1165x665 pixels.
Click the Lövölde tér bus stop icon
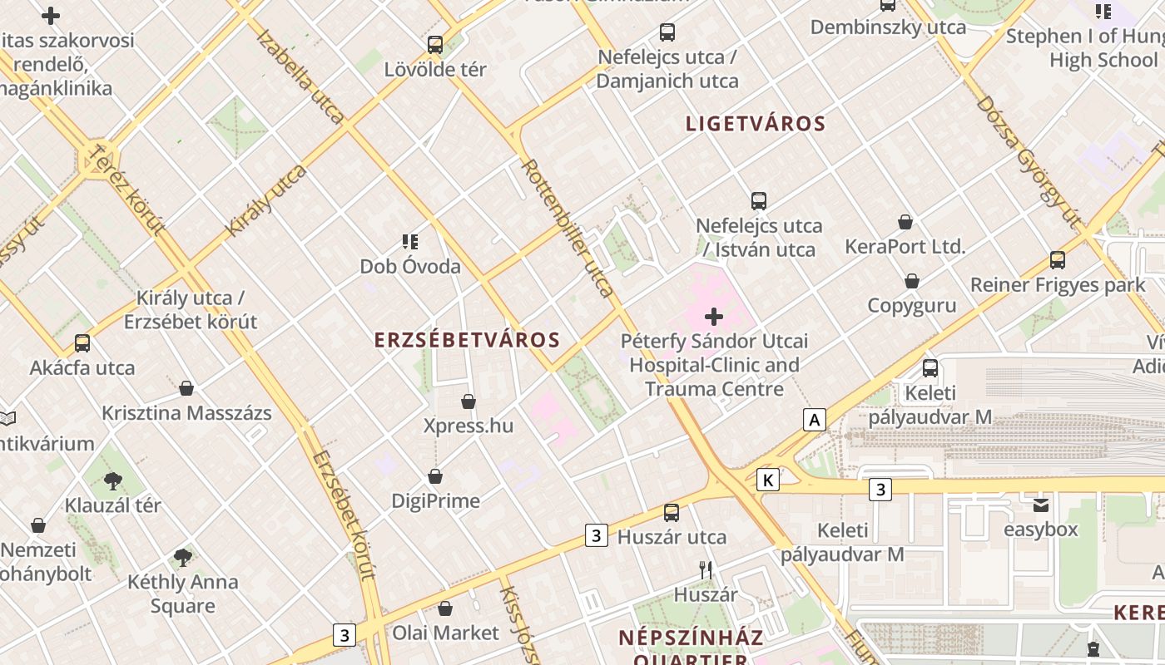435,45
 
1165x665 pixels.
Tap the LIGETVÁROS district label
755,124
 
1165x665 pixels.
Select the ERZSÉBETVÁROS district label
467,340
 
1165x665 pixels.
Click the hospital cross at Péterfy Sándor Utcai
714,317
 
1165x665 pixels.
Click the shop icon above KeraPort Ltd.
905,222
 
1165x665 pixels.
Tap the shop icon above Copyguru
912,281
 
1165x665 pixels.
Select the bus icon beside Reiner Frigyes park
1057,260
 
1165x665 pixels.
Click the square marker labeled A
815,420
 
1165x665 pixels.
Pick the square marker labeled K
768,480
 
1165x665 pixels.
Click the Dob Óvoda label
410,267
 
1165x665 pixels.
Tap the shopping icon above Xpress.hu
468,402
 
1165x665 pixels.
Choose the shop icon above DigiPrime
435,476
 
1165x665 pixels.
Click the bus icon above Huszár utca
672,513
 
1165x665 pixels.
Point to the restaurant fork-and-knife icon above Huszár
706,570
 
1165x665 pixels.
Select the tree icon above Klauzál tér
113,481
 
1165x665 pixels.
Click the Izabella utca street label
300,76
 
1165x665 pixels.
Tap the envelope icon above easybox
1041,505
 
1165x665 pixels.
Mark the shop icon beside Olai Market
445,609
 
